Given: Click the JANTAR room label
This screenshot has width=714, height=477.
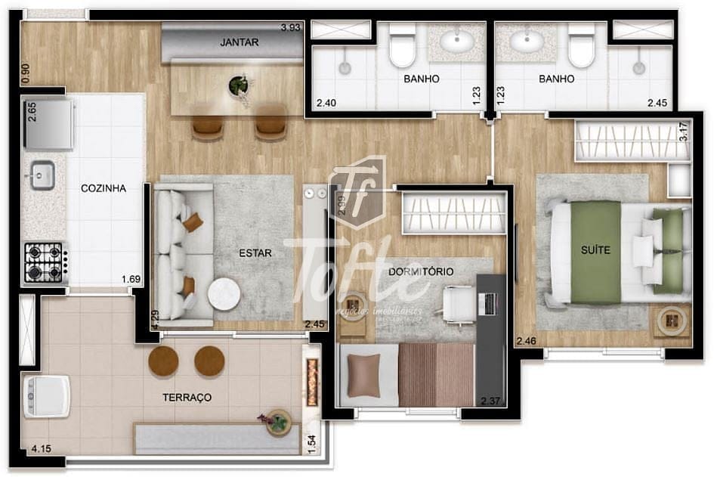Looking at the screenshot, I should click(239, 42).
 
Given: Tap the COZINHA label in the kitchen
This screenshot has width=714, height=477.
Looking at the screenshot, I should click(103, 188).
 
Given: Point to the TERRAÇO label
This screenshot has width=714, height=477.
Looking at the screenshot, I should click(187, 397).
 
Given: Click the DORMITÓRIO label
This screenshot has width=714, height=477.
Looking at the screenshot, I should click(421, 271).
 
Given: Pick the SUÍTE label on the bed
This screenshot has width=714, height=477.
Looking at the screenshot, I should click(595, 249).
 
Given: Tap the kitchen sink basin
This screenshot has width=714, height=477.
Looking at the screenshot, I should click(42, 176).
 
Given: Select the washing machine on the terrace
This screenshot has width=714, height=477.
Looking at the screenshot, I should click(45, 395).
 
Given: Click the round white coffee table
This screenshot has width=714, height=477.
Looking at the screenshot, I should click(223, 295).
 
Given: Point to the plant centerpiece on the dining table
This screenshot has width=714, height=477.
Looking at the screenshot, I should click(239, 85).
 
